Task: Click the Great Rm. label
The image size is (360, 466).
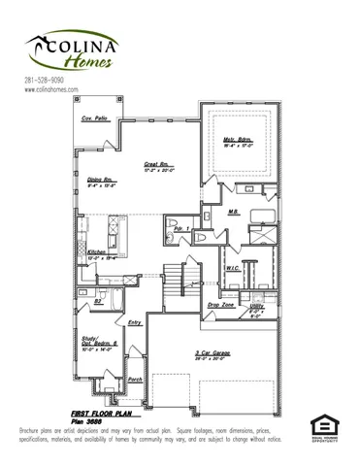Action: [x=158, y=167]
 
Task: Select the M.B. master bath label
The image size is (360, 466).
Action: [x=233, y=212]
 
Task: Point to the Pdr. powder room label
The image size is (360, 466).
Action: [x=180, y=230]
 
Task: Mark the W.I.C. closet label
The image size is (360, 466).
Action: [x=233, y=268]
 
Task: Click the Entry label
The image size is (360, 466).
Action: [x=134, y=322]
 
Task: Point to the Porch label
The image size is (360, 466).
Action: [x=135, y=380]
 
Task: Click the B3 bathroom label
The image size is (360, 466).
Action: [x=98, y=302]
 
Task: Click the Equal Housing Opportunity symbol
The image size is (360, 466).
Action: [x=323, y=426]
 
